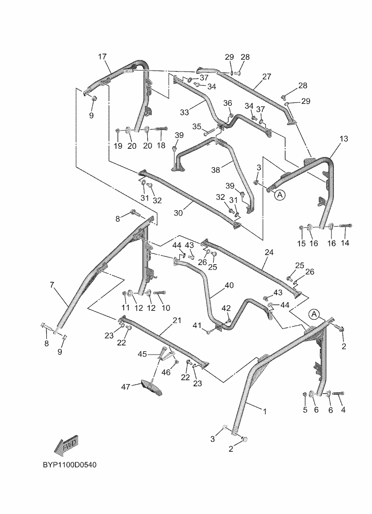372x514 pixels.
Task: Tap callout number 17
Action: coord(102,57)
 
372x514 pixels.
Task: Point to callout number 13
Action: coord(343,139)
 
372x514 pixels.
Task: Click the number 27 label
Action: coord(267,76)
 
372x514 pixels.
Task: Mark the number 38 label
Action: coord(216,170)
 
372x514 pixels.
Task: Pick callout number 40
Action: coord(229,286)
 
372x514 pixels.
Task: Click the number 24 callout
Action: coord(269,252)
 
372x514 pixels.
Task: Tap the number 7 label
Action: coord(52,285)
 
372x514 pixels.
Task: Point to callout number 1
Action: coord(265,411)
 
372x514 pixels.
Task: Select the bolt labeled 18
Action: coord(161,129)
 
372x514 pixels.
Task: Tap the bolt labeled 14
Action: coord(345,226)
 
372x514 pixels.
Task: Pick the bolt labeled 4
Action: coord(338,393)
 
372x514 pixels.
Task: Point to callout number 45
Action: coord(143,354)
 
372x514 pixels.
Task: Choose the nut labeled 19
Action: coord(118,130)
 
